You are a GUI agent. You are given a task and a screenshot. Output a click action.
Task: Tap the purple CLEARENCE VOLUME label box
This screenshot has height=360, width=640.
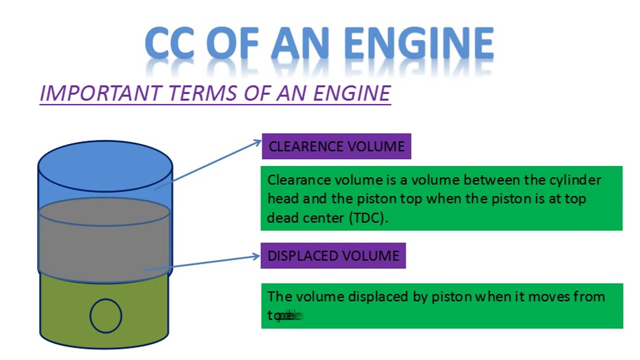pos(336,146)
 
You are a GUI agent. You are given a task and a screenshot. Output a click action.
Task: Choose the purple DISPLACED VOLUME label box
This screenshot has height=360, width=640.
pos(333,256)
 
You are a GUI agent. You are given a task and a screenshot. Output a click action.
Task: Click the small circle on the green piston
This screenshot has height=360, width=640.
pos(105,315)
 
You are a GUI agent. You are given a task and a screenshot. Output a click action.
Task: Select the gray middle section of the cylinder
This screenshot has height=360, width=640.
pos(104,245)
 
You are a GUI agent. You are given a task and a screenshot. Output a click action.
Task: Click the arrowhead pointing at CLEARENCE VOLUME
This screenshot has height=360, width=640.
pos(257,142)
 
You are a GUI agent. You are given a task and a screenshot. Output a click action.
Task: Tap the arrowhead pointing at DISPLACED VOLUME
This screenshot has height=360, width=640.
pos(256,257)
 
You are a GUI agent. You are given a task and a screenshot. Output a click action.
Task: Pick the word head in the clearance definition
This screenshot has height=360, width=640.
pos(283,199)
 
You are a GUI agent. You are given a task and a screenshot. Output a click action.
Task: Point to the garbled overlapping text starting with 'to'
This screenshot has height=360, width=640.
pos(285,316)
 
